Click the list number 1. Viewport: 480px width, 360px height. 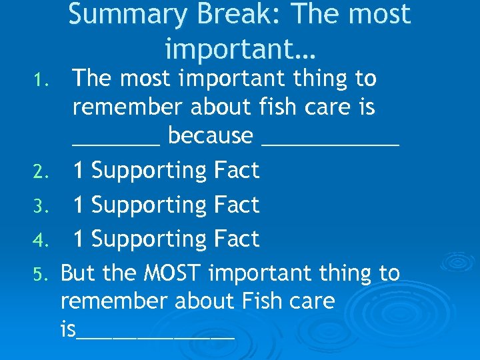click(x=41, y=82)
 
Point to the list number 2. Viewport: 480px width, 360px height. click(x=40, y=173)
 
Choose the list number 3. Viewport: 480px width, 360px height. click(x=40, y=207)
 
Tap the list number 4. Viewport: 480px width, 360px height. click(x=40, y=241)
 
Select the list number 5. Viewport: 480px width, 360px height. click(x=40, y=275)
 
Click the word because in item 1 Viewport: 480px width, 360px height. click(x=210, y=136)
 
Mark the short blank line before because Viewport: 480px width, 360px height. click(x=116, y=143)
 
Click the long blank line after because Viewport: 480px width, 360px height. click(x=331, y=143)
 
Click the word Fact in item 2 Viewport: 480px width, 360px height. click(x=237, y=171)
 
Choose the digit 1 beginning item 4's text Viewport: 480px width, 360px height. click(x=79, y=239)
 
